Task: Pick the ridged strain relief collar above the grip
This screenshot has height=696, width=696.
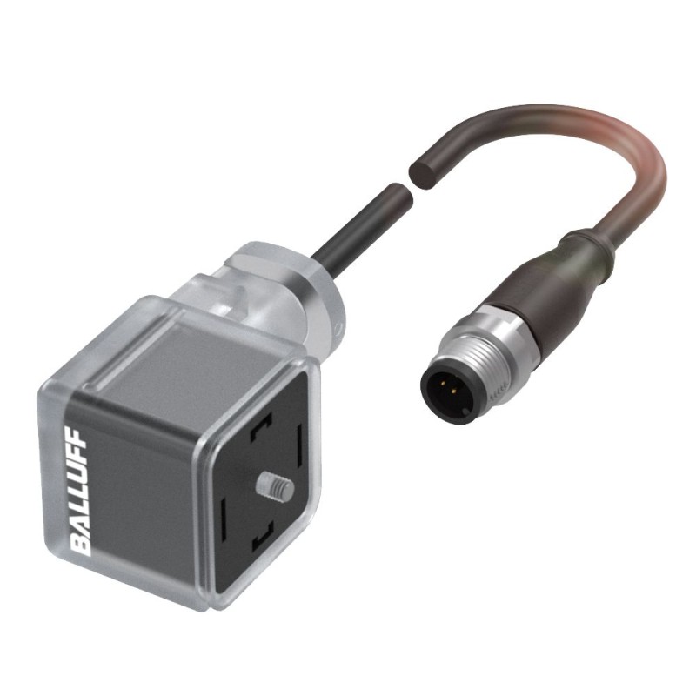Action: point(583,240)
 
